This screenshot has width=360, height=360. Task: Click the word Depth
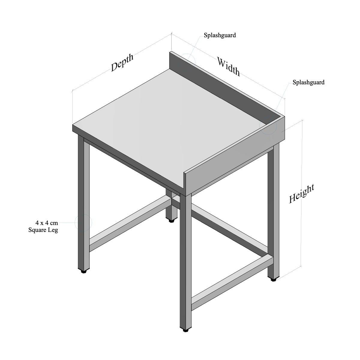(x=122, y=63)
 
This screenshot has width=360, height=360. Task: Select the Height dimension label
(x=302, y=194)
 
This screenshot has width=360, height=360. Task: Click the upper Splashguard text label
(x=220, y=35)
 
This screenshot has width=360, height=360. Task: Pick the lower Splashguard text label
(x=308, y=82)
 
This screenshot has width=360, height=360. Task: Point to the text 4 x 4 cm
(x=46, y=223)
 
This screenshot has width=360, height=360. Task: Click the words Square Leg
(x=43, y=230)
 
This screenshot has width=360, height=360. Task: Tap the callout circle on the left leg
(x=83, y=223)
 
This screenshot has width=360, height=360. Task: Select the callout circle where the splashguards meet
(x=268, y=126)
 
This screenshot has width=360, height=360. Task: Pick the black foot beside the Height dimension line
(x=273, y=280)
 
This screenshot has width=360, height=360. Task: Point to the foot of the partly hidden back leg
(x=171, y=221)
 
